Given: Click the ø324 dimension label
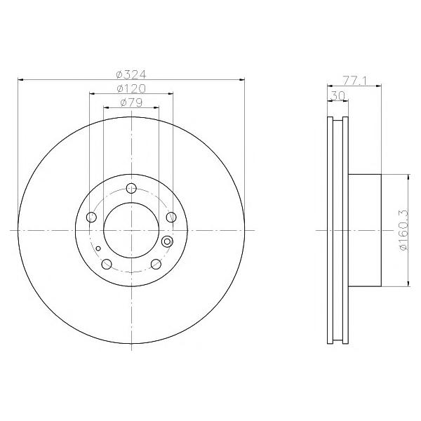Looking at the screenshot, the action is [131, 74].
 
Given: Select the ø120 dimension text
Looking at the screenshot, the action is [131, 88].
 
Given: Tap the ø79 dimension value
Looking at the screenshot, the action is [131, 102].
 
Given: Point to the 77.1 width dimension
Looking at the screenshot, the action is [354, 81].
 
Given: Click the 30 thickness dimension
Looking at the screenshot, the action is [338, 95].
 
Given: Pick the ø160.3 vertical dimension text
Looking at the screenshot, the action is [404, 230].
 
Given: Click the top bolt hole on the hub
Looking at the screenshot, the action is [131, 188].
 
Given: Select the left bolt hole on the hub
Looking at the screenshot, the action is [91, 217].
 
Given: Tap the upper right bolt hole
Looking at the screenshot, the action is [171, 217].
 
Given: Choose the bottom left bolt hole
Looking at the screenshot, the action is [107, 265].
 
